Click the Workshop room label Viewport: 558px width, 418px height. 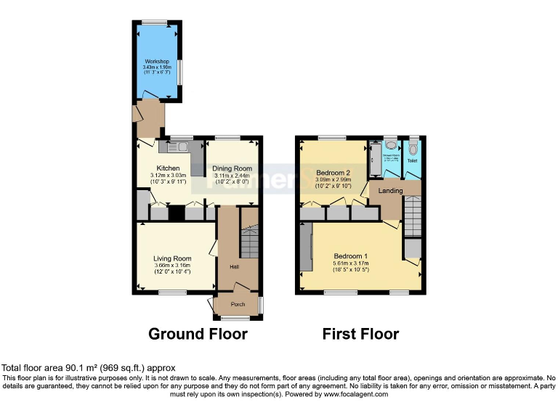point(157,61)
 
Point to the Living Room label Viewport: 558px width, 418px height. point(172,258)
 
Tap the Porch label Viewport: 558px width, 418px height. point(238,304)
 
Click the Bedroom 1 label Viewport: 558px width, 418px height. point(350,255)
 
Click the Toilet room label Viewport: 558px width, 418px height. point(413,160)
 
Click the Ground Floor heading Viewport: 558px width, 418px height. point(198,334)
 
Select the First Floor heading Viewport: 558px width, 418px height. point(360,334)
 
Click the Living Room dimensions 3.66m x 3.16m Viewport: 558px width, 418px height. point(172,266)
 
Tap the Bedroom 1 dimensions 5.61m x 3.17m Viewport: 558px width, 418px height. point(350,263)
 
